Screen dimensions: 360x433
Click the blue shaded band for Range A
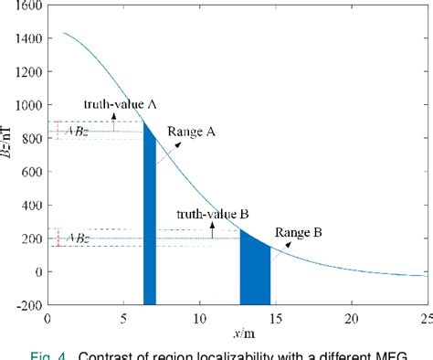click(150, 219)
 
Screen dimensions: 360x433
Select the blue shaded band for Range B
click(255, 270)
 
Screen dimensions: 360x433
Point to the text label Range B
click(299, 232)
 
